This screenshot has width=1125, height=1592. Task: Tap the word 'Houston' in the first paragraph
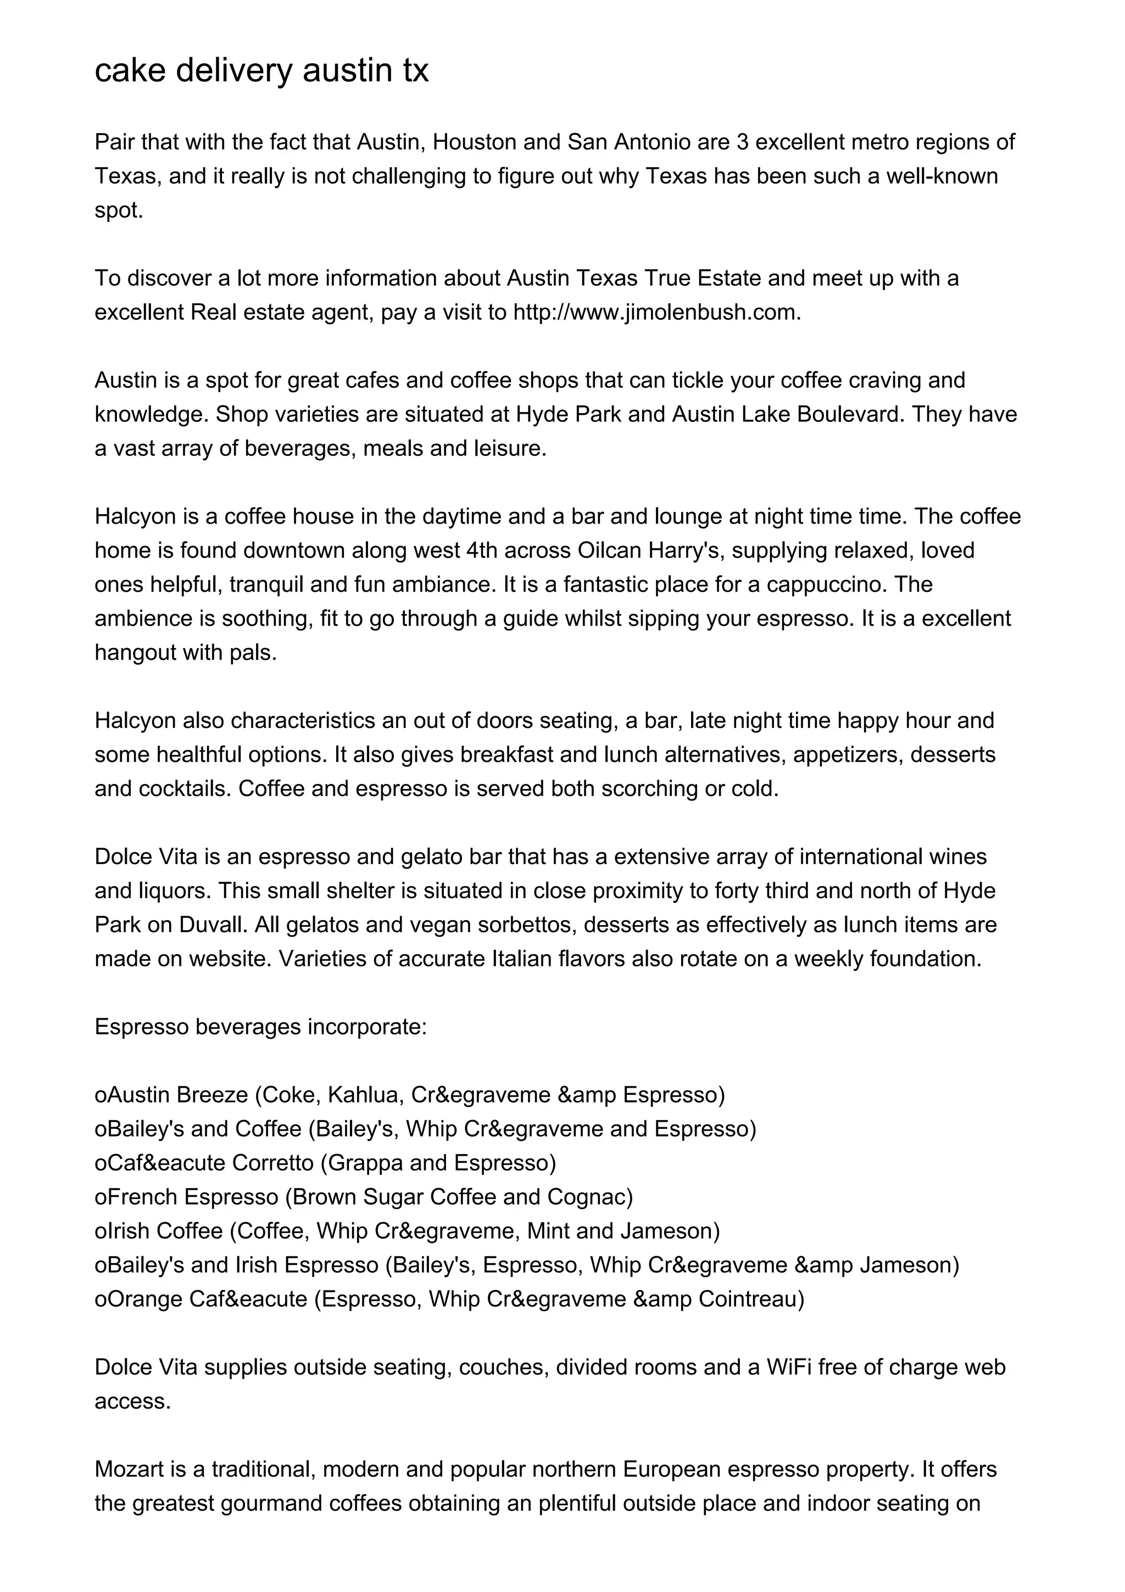[x=474, y=142]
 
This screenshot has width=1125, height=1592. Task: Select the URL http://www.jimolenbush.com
[x=656, y=313]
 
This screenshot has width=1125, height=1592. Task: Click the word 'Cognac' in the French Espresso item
[x=590, y=1197]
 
